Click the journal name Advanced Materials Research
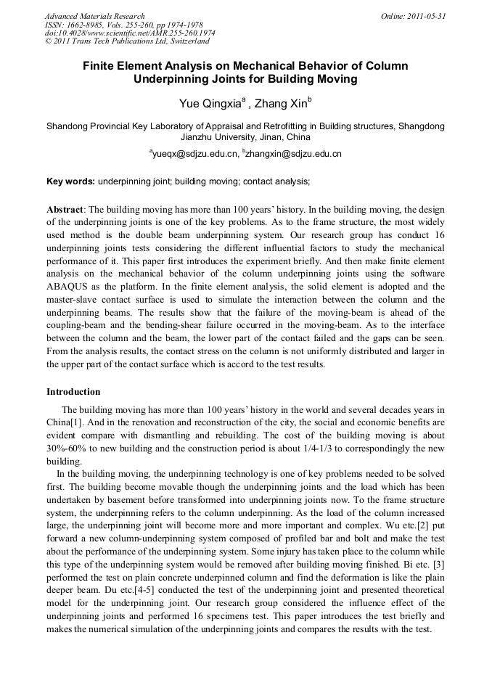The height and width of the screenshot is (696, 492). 95,16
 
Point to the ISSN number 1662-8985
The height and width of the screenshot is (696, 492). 89,25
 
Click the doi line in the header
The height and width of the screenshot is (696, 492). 130,33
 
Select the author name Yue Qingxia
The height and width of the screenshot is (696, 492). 211,102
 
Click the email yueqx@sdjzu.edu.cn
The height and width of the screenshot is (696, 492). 194,154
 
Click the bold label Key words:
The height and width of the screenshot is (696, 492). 70,181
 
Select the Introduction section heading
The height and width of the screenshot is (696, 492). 73,391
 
